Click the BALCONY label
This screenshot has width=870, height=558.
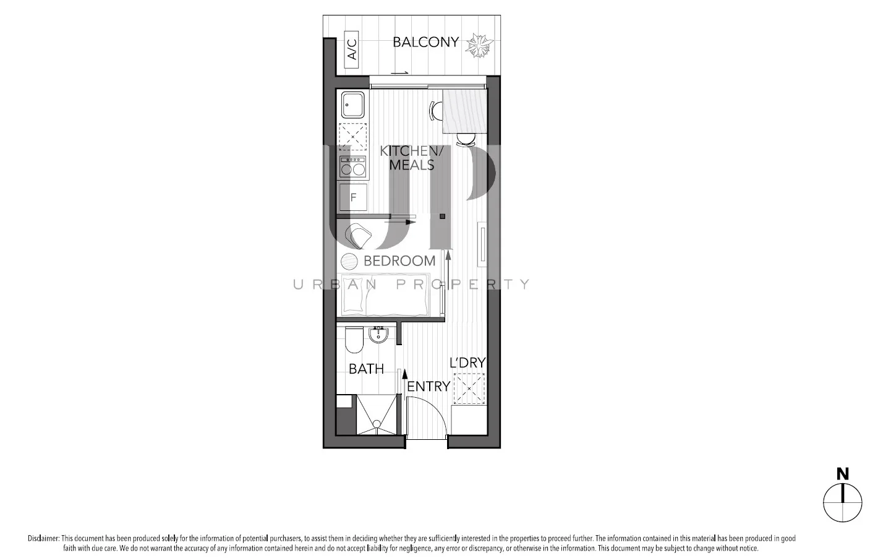[x=425, y=42]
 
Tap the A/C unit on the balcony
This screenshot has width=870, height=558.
[x=351, y=49]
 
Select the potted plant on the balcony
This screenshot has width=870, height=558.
[x=479, y=45]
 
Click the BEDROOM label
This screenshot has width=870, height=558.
[x=399, y=260]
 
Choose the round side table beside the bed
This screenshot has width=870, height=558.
[x=349, y=261]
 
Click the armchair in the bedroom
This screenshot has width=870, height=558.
[x=359, y=236]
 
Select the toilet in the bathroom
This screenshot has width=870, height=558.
[x=354, y=339]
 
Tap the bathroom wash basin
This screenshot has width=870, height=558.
[x=378, y=335]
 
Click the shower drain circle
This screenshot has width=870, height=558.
[x=375, y=424]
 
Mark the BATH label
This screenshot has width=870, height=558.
[x=366, y=369]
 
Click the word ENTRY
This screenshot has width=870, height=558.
[x=428, y=386]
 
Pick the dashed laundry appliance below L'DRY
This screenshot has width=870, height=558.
[x=469, y=388]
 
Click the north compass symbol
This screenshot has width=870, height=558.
[x=842, y=501]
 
